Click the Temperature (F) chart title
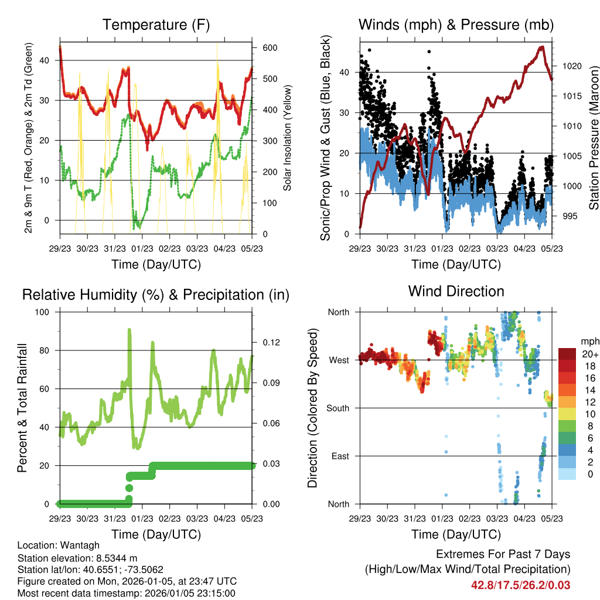point(156,25)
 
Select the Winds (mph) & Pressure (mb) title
point(456,25)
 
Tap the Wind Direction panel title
point(456,291)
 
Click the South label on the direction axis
point(338,407)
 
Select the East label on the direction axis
point(340,456)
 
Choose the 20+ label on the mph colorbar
point(590,354)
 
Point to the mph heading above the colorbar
point(589,341)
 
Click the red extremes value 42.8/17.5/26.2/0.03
point(520,585)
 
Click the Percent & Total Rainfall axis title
point(22,408)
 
